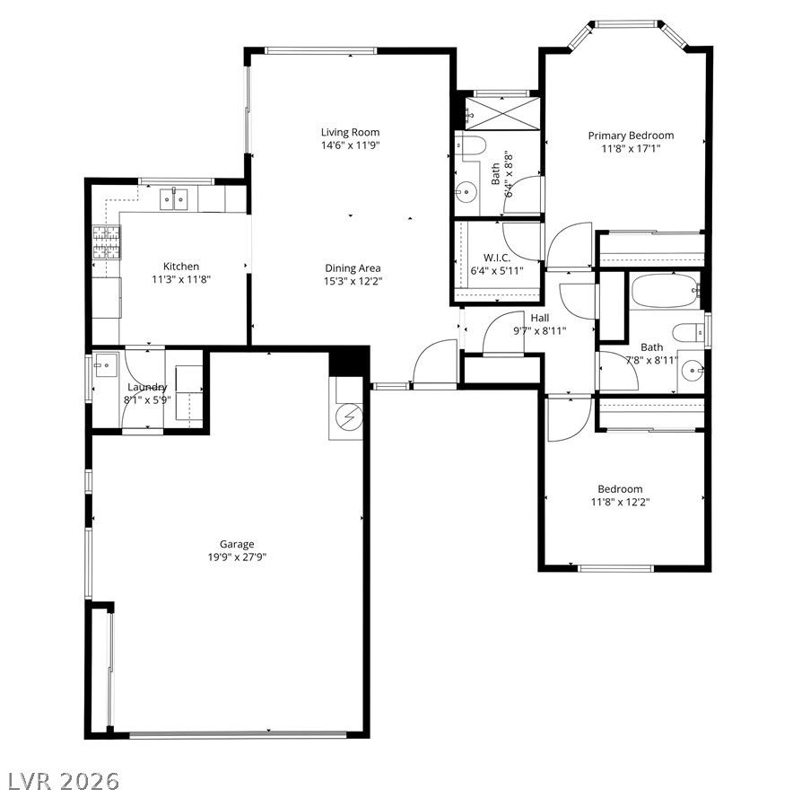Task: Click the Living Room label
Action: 350,132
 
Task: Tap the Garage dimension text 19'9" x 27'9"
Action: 237,557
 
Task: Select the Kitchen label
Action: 181,267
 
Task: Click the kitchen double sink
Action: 174,198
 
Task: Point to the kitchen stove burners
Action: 107,242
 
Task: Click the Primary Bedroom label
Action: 631,136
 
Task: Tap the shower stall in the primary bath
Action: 502,113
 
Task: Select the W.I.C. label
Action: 497,258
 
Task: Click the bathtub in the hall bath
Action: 666,291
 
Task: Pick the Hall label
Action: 540,318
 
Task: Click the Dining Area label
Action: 353,268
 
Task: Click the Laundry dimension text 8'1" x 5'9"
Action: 147,400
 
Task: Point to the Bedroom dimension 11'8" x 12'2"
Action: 620,503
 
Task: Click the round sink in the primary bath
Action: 466,192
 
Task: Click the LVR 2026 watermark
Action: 60,781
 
